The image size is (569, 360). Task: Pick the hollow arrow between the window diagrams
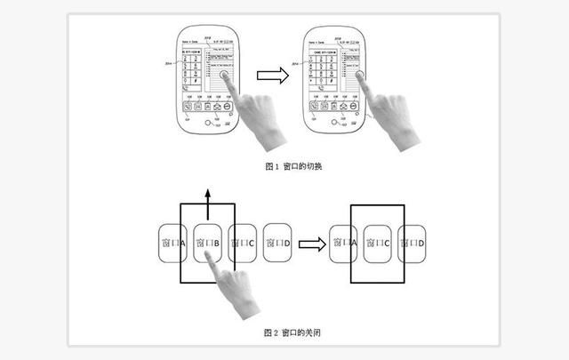(310, 243)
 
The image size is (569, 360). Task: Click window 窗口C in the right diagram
(378, 243)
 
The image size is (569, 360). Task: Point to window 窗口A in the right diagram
(343, 243)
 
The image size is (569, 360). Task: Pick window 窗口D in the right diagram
(413, 243)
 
